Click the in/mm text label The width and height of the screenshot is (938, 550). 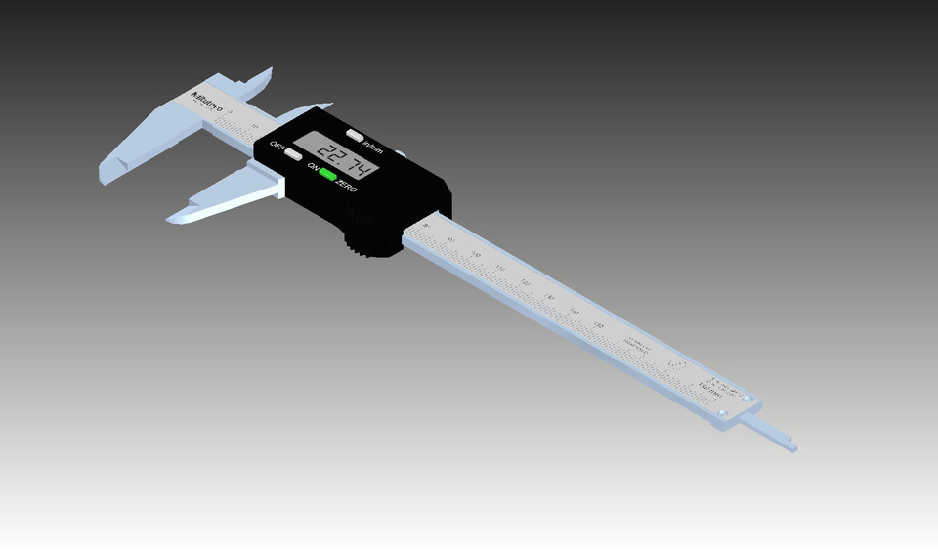tap(372, 147)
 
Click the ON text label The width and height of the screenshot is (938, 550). tap(314, 169)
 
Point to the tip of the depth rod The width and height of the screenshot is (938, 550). tap(793, 449)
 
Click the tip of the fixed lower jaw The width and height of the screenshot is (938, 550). tap(106, 179)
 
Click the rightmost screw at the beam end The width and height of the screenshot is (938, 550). tap(748, 400)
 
